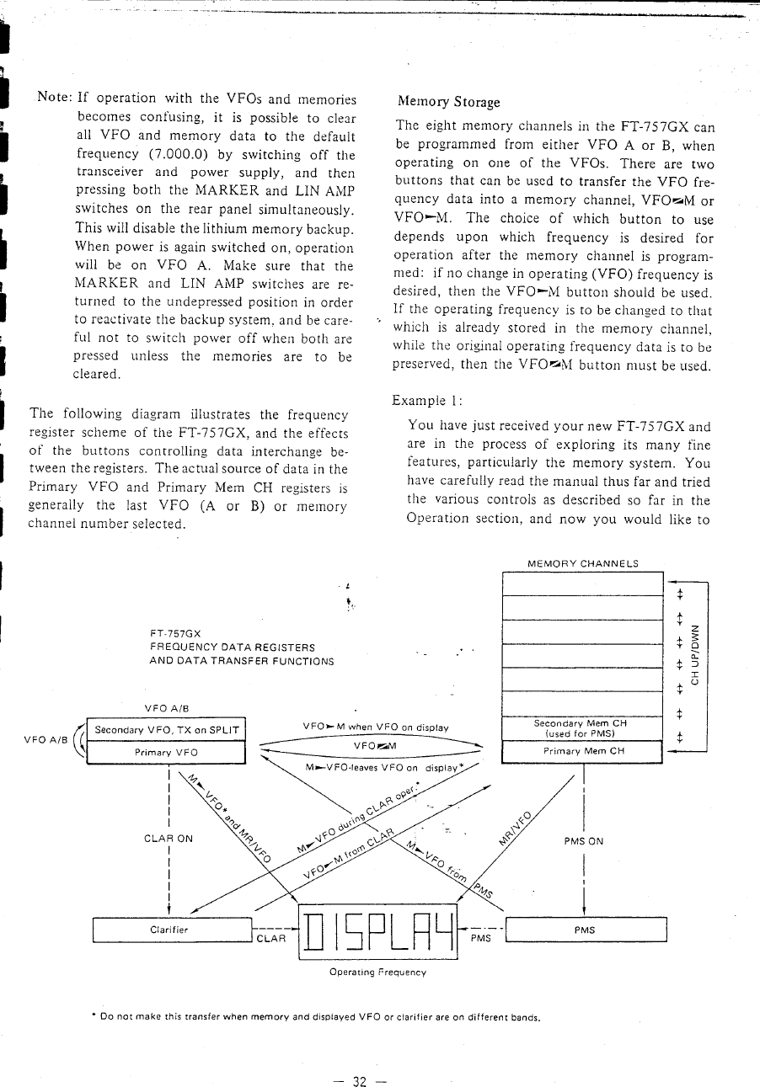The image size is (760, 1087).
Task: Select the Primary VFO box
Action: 165,752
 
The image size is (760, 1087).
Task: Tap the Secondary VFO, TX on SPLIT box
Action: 166,730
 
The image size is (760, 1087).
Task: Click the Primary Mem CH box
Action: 582,751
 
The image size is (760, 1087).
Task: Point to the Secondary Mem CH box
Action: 582,727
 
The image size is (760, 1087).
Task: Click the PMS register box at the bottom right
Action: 584,930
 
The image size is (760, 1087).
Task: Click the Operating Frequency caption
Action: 377,972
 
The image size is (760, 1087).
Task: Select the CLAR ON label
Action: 169,839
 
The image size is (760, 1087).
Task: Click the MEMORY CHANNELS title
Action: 582,563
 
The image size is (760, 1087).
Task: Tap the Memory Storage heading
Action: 447,102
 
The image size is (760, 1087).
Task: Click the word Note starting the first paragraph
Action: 54,98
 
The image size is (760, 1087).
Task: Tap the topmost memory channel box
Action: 582,583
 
